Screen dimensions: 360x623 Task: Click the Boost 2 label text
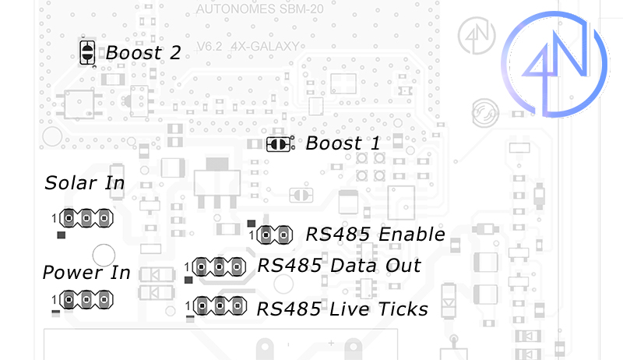coord(143,53)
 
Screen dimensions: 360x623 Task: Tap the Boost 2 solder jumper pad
coord(87,53)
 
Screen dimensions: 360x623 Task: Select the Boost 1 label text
coord(343,143)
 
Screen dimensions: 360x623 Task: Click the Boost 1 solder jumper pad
coord(278,144)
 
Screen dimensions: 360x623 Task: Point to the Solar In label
coord(85,183)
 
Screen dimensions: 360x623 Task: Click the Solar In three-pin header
coord(85,217)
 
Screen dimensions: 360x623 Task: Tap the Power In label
coord(86,273)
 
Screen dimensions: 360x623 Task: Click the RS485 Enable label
coord(375,235)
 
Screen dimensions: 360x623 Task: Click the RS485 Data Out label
coord(339,266)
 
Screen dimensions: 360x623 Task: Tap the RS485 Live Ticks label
coord(343,309)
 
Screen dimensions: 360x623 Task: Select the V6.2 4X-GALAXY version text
coord(248,48)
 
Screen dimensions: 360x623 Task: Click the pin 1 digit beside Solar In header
coord(55,217)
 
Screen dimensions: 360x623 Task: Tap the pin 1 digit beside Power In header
coord(55,298)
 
